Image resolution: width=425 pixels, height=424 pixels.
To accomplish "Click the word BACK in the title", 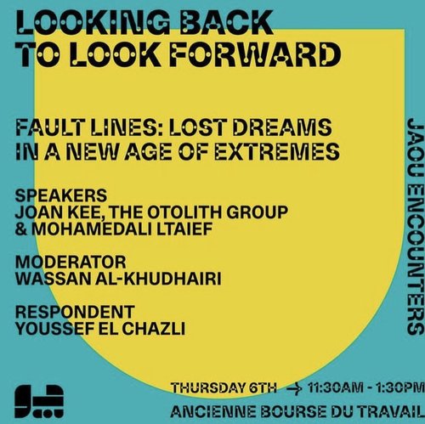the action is click(x=226, y=22).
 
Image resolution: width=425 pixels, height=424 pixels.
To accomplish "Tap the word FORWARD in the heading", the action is click(x=255, y=54).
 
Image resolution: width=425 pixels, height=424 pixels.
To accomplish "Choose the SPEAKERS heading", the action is click(x=61, y=195).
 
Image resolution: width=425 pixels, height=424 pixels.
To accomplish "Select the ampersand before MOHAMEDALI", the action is click(x=21, y=229).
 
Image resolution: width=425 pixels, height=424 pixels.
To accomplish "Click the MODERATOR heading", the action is click(x=71, y=262).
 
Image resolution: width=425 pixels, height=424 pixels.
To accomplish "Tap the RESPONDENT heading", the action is click(x=75, y=312).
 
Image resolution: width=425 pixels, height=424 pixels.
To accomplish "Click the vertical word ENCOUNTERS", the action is click(x=416, y=261).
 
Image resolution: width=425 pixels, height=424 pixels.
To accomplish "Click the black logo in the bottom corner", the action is click(x=39, y=401).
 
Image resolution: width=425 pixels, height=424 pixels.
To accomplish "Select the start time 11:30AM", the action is click(x=335, y=387).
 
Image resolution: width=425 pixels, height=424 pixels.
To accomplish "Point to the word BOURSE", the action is click(x=293, y=412).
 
